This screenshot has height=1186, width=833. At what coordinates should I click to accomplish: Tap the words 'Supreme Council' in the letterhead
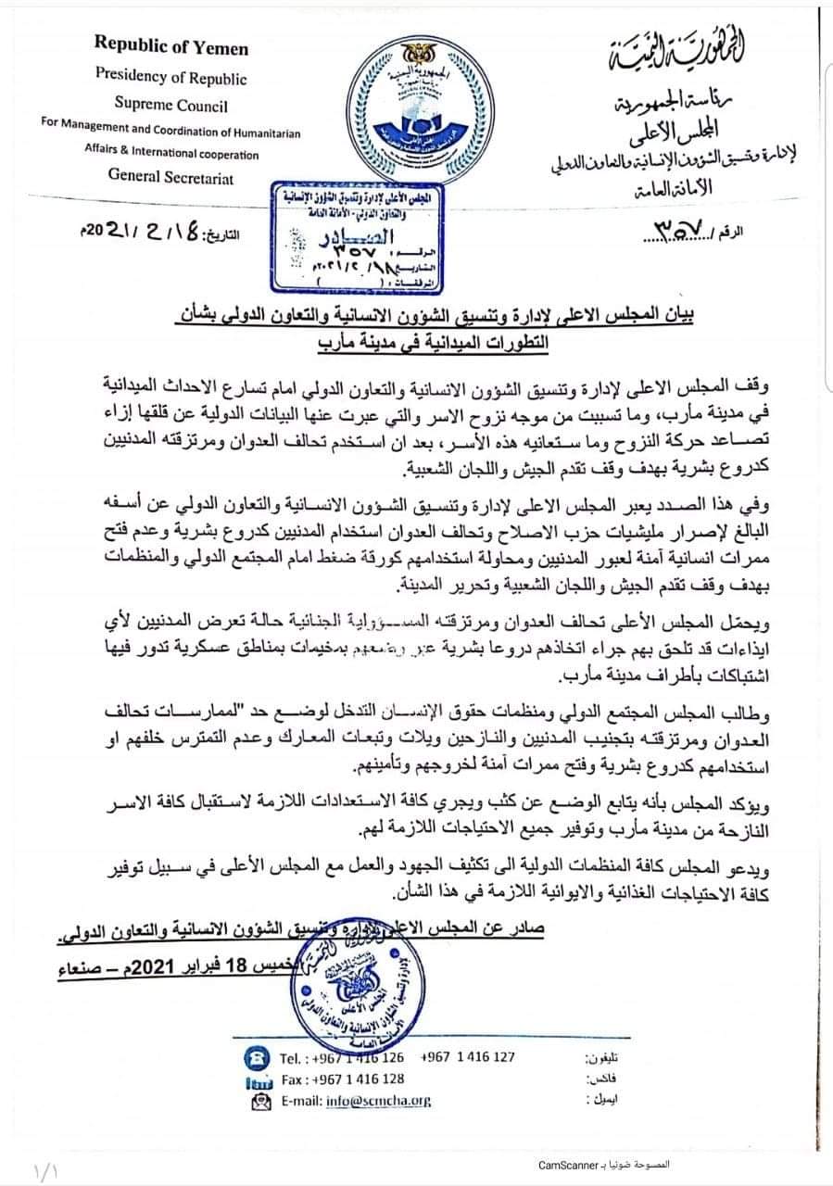(171, 106)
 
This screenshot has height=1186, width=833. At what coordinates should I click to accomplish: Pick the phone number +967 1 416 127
(467, 1056)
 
